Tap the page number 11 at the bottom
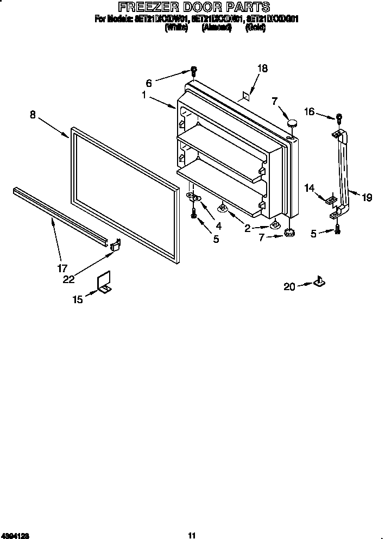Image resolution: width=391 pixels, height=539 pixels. (x=191, y=535)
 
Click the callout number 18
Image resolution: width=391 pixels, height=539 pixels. (x=262, y=68)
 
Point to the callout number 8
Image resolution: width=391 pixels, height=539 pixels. (x=33, y=114)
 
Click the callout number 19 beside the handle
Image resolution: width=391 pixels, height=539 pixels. (x=367, y=198)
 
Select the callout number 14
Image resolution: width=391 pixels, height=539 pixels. (x=310, y=188)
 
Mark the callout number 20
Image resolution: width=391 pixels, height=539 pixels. (x=289, y=286)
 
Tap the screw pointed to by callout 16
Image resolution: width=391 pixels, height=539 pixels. (x=339, y=117)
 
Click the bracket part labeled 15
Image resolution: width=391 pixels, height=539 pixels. (x=104, y=284)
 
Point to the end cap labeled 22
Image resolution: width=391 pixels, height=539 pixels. (x=115, y=245)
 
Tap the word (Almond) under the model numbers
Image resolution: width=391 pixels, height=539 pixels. (x=216, y=28)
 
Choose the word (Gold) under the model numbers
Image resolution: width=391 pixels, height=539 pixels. (x=255, y=28)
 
